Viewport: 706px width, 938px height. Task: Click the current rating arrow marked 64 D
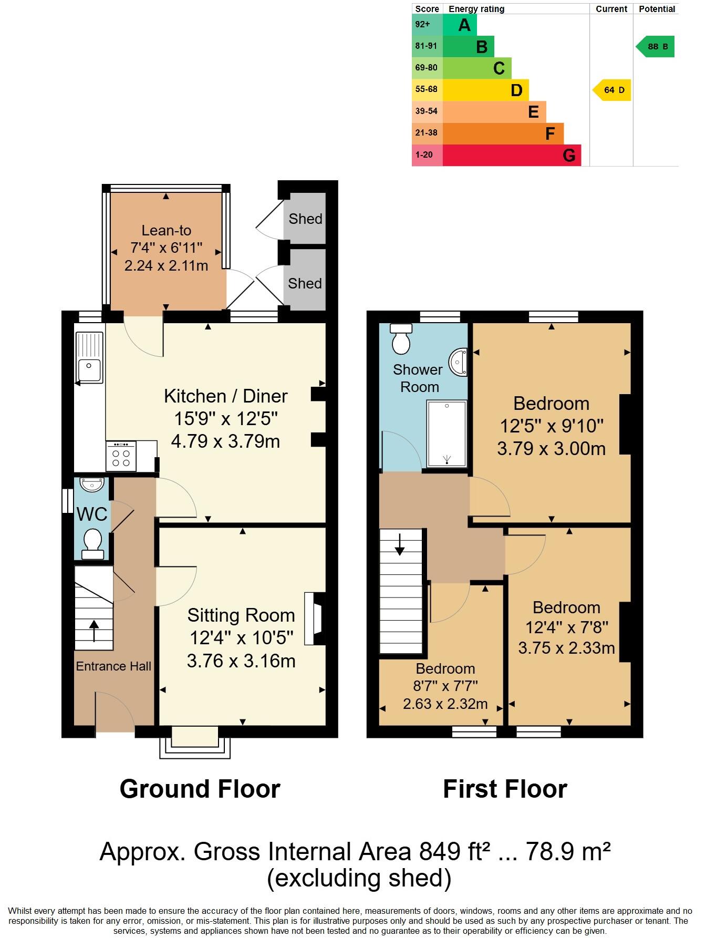(612, 90)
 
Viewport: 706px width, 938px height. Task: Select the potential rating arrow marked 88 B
(656, 47)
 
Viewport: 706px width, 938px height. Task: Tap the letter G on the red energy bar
(569, 156)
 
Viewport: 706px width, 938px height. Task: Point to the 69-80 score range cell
(427, 68)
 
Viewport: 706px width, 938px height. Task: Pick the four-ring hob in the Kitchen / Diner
(121, 456)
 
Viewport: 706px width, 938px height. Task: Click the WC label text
(92, 514)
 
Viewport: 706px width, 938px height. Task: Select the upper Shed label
(305, 219)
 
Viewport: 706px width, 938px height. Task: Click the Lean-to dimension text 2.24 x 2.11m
(166, 266)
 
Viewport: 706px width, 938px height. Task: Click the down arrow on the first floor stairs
(400, 544)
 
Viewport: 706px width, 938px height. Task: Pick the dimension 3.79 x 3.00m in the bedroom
(551, 449)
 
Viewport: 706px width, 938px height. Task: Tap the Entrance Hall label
(113, 666)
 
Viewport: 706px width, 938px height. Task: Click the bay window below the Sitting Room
(195, 741)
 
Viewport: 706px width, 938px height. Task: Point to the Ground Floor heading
(200, 789)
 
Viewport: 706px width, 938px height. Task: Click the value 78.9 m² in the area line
(568, 852)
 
